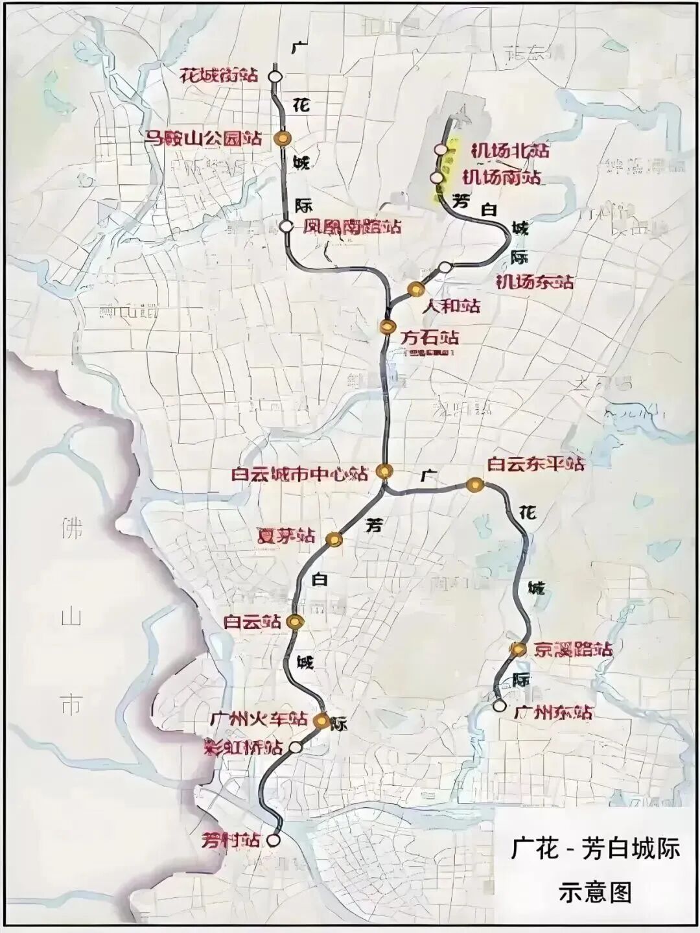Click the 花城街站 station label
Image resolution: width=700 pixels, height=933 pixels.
point(218,75)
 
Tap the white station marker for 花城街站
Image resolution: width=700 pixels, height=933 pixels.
point(275,76)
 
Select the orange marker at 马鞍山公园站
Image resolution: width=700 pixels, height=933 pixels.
point(283,137)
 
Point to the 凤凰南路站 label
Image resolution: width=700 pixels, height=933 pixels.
point(353,227)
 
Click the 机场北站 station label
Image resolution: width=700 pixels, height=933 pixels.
point(510,150)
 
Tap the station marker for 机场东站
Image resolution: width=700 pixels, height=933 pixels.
point(445,268)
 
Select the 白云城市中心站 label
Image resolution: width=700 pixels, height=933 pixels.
point(299,473)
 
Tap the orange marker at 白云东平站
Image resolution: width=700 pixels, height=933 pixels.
point(475,484)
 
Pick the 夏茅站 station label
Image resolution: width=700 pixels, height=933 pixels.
point(286,537)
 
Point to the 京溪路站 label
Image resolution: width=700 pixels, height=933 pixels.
point(573,649)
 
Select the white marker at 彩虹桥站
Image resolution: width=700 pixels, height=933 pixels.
point(296,748)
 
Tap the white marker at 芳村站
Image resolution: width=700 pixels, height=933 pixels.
point(274,840)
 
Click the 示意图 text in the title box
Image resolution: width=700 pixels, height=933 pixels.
point(594,892)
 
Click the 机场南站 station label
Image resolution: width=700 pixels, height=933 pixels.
point(502,177)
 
